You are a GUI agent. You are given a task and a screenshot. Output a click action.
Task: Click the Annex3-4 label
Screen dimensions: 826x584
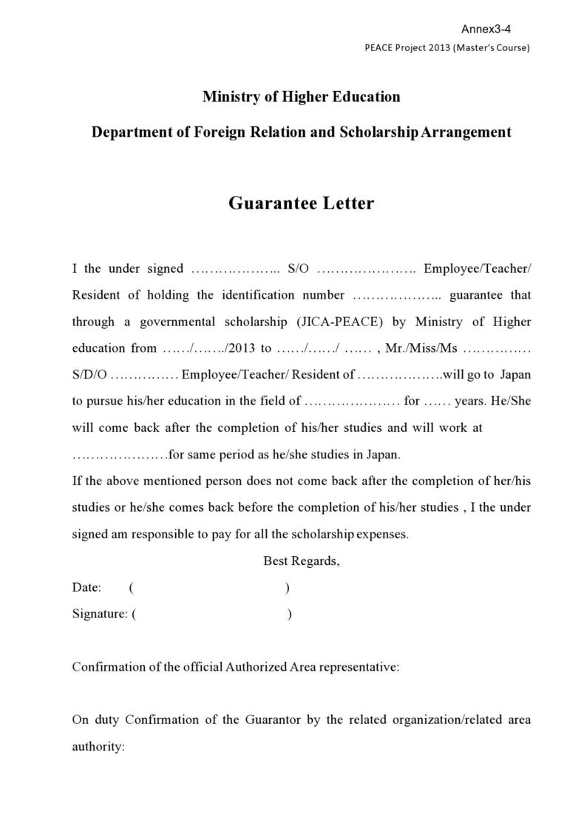(486, 29)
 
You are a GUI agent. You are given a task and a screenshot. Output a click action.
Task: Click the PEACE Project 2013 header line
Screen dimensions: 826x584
(447, 48)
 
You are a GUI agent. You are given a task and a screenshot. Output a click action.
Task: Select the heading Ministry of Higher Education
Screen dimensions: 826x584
(301, 97)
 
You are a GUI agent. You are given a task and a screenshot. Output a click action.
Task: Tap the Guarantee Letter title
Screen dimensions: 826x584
(301, 203)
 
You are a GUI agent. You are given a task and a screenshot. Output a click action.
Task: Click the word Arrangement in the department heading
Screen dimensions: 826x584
(466, 132)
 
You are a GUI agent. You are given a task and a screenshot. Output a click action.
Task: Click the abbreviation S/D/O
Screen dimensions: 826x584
(89, 375)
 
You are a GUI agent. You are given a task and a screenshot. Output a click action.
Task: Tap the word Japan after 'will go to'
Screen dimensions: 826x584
(515, 375)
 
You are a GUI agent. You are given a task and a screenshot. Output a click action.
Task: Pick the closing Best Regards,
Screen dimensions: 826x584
(302, 561)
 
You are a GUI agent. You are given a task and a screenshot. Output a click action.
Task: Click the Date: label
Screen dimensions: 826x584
(86, 588)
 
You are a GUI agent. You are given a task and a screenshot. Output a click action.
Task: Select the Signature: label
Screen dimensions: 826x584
(100, 614)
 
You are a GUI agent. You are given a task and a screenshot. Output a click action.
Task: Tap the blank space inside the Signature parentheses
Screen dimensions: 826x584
(211, 614)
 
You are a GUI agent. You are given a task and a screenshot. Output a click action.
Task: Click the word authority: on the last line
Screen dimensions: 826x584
(98, 747)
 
